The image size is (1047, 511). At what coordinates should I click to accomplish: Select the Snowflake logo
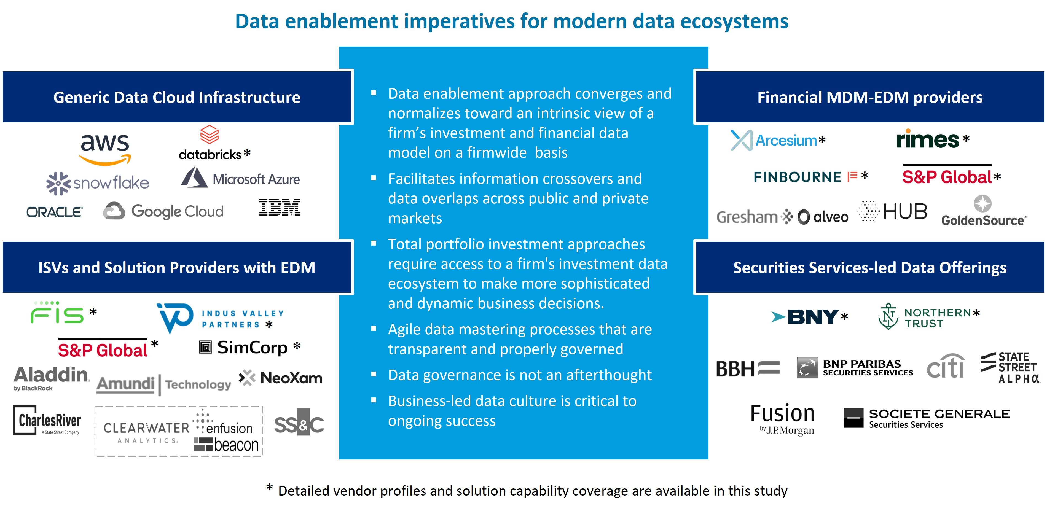pyautogui.click(x=98, y=183)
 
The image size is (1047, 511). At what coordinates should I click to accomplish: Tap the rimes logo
pyautogui.click(x=928, y=139)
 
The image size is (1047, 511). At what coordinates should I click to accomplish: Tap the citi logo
pyautogui.click(x=945, y=367)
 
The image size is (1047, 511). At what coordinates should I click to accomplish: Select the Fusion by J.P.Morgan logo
pyautogui.click(x=782, y=419)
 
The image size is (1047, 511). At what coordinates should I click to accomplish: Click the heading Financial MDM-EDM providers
pyautogui.click(x=870, y=98)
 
